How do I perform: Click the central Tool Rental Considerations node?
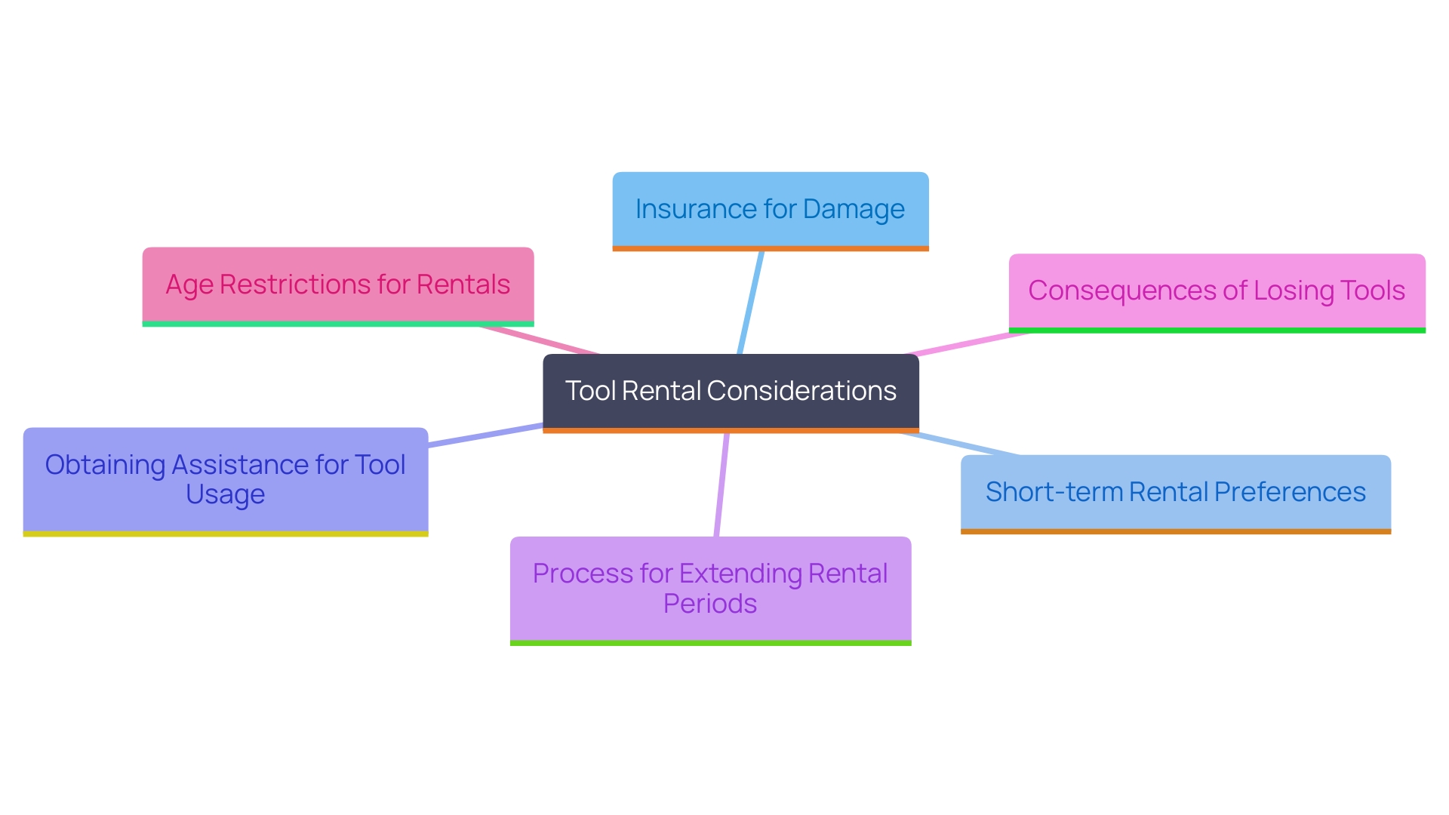(731, 392)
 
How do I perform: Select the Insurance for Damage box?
(770, 209)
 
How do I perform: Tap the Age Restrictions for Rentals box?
(337, 284)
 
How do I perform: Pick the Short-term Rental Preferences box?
(1175, 492)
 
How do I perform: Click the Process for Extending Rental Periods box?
(710, 589)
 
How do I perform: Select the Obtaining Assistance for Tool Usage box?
(225, 480)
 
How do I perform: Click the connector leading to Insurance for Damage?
(751, 302)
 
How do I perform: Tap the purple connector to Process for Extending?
(721, 484)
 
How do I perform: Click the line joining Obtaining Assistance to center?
(485, 435)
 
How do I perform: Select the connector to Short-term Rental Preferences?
(960, 444)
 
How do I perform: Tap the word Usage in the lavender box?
(225, 495)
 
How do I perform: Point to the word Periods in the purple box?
(710, 604)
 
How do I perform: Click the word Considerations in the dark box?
(801, 391)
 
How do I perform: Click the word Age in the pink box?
(189, 285)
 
